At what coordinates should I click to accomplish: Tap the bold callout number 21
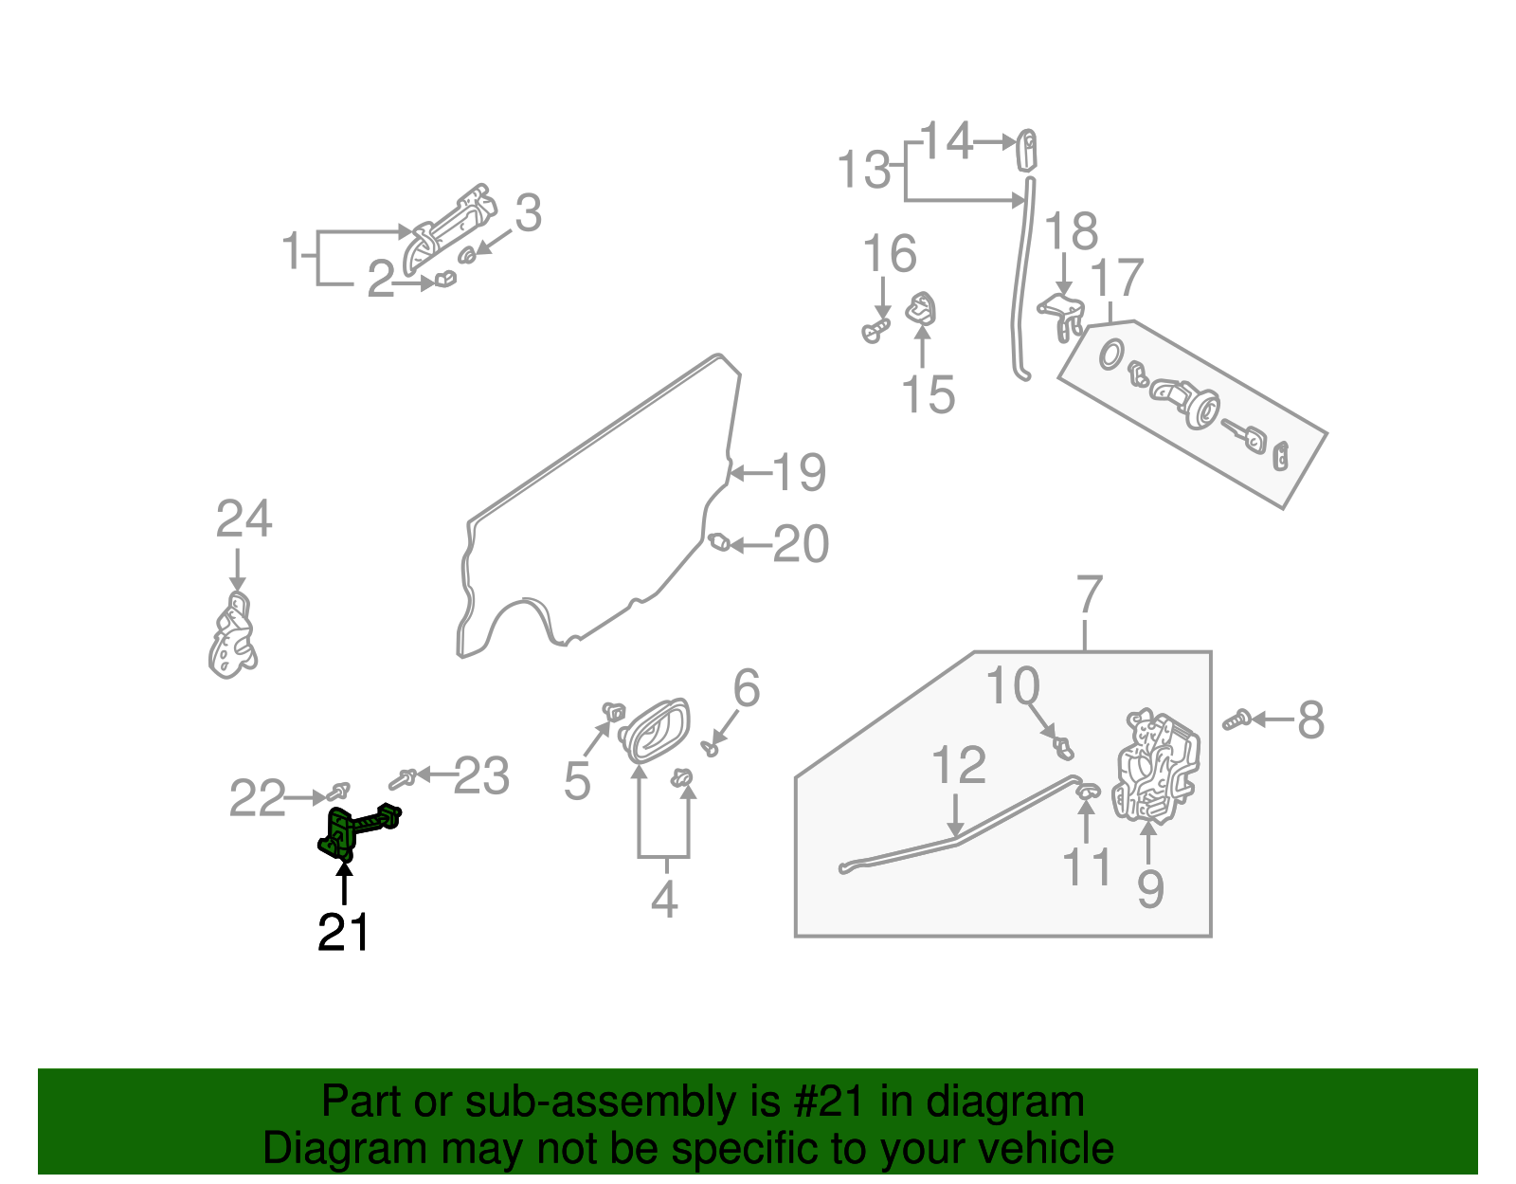[x=343, y=933]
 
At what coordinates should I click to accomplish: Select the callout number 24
[x=244, y=519]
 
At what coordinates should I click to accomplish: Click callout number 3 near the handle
[x=528, y=214]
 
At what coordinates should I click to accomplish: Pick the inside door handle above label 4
[x=655, y=730]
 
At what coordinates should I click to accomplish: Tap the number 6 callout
[x=747, y=688]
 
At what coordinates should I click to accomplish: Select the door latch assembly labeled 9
[x=1157, y=766]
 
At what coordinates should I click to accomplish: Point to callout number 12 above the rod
[x=959, y=766]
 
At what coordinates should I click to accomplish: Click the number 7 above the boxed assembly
[x=1090, y=595]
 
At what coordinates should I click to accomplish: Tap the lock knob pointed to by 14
[x=1027, y=150]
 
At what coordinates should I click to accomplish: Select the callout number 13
[x=864, y=172]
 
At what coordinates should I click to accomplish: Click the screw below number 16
[x=876, y=331]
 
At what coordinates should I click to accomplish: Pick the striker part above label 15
[x=922, y=309]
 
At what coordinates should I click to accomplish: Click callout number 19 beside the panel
[x=800, y=472]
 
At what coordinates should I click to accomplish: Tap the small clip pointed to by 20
[x=719, y=543]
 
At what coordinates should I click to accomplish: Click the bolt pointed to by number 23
[x=402, y=779]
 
